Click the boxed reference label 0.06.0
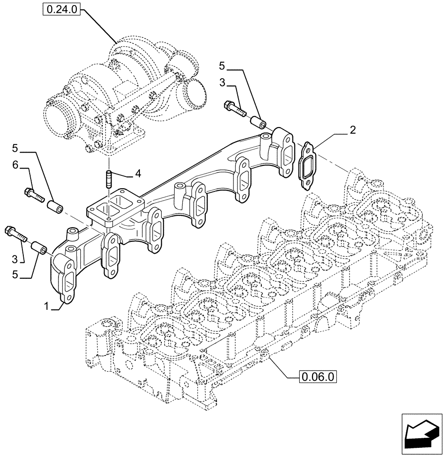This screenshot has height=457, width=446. (318, 377)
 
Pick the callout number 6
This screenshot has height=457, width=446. (15, 165)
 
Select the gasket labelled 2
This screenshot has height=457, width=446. (305, 165)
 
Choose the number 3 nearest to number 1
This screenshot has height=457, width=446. (15, 259)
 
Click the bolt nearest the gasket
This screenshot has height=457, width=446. (235, 109)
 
